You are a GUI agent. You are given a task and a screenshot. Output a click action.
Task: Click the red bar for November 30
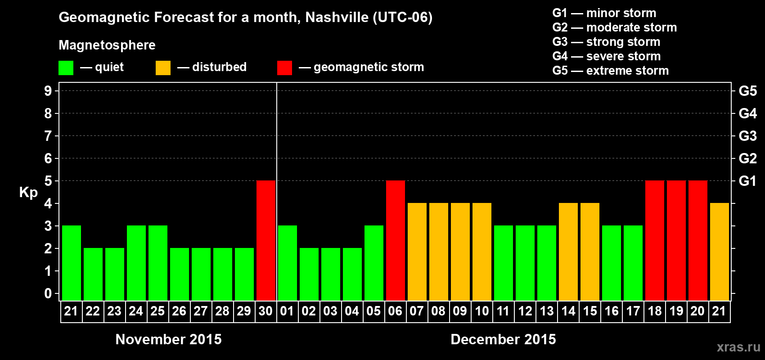click(266, 240)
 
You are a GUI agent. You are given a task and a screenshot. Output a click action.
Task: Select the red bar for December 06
click(396, 240)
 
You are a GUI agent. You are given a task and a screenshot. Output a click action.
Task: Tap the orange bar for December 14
click(568, 252)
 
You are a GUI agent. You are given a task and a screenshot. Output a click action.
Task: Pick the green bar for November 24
click(136, 263)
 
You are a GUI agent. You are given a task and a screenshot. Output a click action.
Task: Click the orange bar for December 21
click(720, 252)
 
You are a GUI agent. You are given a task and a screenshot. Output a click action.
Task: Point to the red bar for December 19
click(676, 240)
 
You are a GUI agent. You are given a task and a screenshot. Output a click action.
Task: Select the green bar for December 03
click(331, 274)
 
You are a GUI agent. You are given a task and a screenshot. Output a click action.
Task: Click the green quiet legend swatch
click(66, 68)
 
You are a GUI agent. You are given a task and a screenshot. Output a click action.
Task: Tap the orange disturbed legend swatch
click(163, 68)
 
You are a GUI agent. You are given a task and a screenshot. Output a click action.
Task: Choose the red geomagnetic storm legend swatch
click(284, 68)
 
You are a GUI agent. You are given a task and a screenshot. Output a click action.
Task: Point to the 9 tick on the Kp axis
click(48, 91)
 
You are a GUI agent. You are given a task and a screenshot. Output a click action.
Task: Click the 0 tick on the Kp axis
click(48, 294)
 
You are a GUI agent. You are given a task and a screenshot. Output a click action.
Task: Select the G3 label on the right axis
click(747, 136)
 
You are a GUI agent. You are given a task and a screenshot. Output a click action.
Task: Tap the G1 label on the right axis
click(747, 181)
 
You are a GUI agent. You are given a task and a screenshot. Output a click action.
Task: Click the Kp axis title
click(28, 193)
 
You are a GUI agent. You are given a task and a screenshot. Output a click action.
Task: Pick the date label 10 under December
click(482, 311)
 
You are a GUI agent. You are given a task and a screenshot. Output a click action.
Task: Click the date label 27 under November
click(201, 311)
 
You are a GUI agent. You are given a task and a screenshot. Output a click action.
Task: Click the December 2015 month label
click(503, 339)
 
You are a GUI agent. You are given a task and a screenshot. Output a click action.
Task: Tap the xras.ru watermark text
click(738, 347)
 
